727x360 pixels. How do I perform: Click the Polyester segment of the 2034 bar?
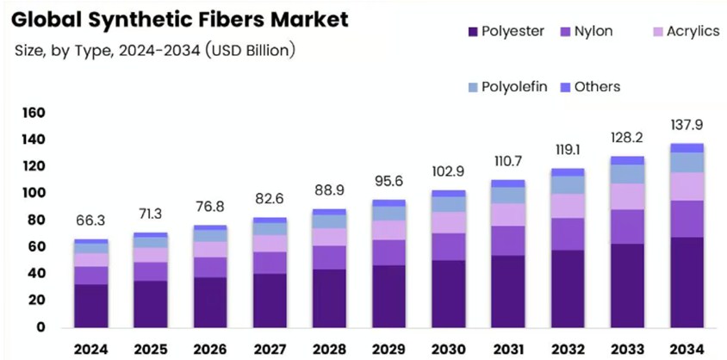[687, 282]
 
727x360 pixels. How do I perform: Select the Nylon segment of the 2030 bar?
[449, 246]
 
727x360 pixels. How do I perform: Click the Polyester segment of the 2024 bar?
[91, 306]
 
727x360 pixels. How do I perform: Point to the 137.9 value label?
[687, 126]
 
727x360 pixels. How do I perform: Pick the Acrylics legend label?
[693, 31]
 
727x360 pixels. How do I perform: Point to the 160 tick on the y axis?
[32, 113]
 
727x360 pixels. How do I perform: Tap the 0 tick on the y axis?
[40, 327]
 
